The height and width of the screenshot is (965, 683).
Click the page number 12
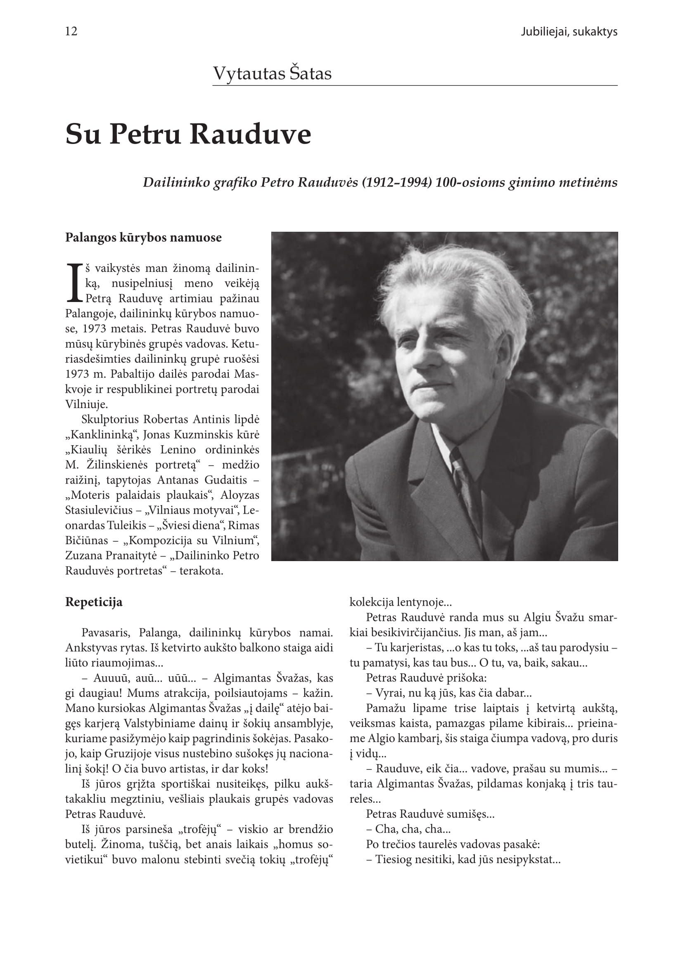coord(71,31)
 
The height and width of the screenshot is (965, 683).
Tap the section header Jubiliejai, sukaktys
coord(569,32)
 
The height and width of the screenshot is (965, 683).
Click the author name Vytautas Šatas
coord(272,73)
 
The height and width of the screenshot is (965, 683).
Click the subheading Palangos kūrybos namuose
coord(143,238)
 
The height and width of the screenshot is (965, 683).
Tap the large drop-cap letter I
coord(74,283)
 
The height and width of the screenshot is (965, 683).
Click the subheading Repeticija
coord(93,602)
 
